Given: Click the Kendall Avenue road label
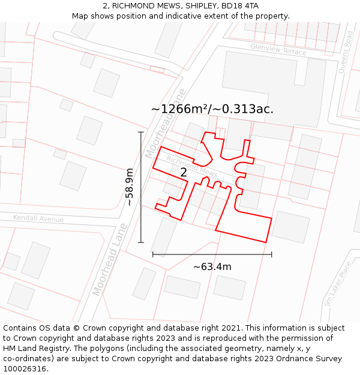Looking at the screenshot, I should click(38, 219).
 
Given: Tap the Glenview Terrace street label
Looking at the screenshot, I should click(278, 49).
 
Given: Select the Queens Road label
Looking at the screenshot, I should click(346, 52).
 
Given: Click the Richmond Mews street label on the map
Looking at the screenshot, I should click(192, 167).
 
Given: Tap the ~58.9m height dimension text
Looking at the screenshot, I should click(129, 187).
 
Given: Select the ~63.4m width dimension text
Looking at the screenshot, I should click(212, 267).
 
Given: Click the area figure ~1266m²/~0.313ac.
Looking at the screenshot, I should click(212, 109).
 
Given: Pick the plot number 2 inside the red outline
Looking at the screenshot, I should click(184, 173).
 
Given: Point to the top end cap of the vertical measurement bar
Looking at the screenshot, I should click(141, 132).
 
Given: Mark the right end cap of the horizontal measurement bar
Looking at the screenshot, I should click(272, 254).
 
